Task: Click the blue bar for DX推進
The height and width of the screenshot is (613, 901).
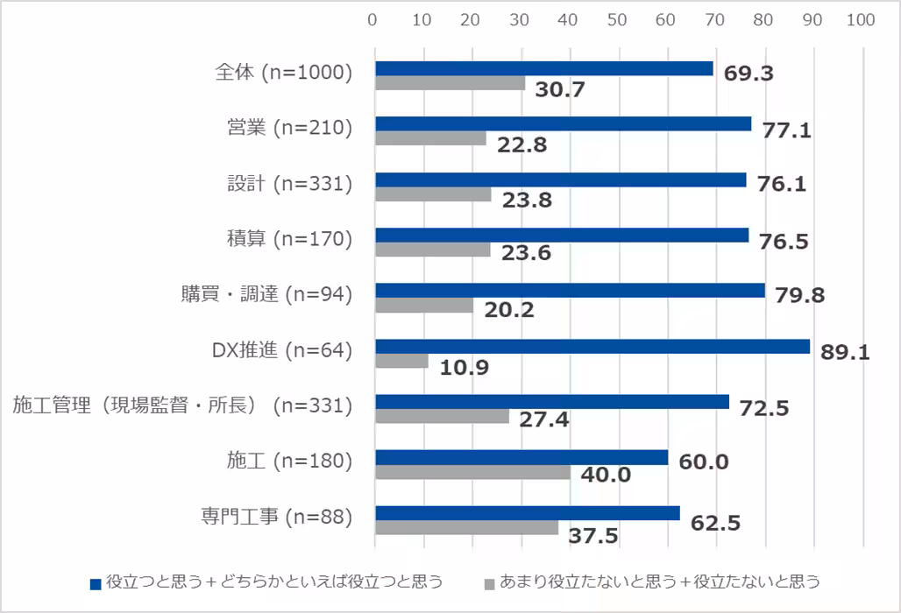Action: (x=592, y=347)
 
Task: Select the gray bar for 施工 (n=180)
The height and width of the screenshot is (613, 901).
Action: (x=473, y=473)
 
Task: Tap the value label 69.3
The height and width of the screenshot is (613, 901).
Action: (x=748, y=73)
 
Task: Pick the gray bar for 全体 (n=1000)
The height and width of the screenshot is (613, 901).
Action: (x=450, y=83)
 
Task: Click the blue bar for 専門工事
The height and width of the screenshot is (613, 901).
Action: (x=528, y=513)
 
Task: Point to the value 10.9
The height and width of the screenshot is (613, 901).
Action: (x=464, y=366)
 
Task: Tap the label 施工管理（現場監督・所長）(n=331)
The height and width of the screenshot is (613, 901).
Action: (x=182, y=405)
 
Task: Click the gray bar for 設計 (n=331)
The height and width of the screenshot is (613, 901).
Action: (x=433, y=194)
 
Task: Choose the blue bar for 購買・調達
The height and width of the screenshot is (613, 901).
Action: (x=570, y=291)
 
